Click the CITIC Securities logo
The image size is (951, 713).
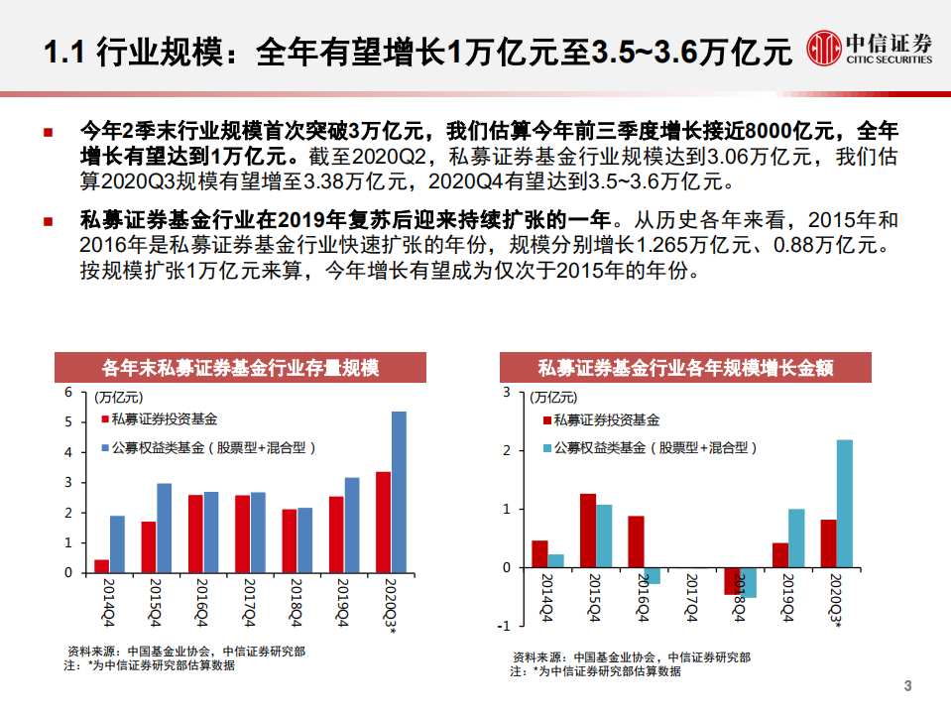click(869, 47)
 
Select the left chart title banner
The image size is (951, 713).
click(240, 368)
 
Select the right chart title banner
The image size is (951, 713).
click(684, 368)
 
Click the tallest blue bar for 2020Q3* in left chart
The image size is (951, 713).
click(399, 492)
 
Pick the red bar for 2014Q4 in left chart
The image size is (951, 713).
click(101, 566)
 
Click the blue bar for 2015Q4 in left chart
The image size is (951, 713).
click(165, 528)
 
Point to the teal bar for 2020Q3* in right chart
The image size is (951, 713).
click(844, 504)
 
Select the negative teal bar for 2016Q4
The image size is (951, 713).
click(652, 576)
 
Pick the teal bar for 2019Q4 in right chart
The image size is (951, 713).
click(796, 538)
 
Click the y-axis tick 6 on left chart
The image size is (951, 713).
click(68, 392)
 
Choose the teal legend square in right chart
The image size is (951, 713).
click(546, 447)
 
